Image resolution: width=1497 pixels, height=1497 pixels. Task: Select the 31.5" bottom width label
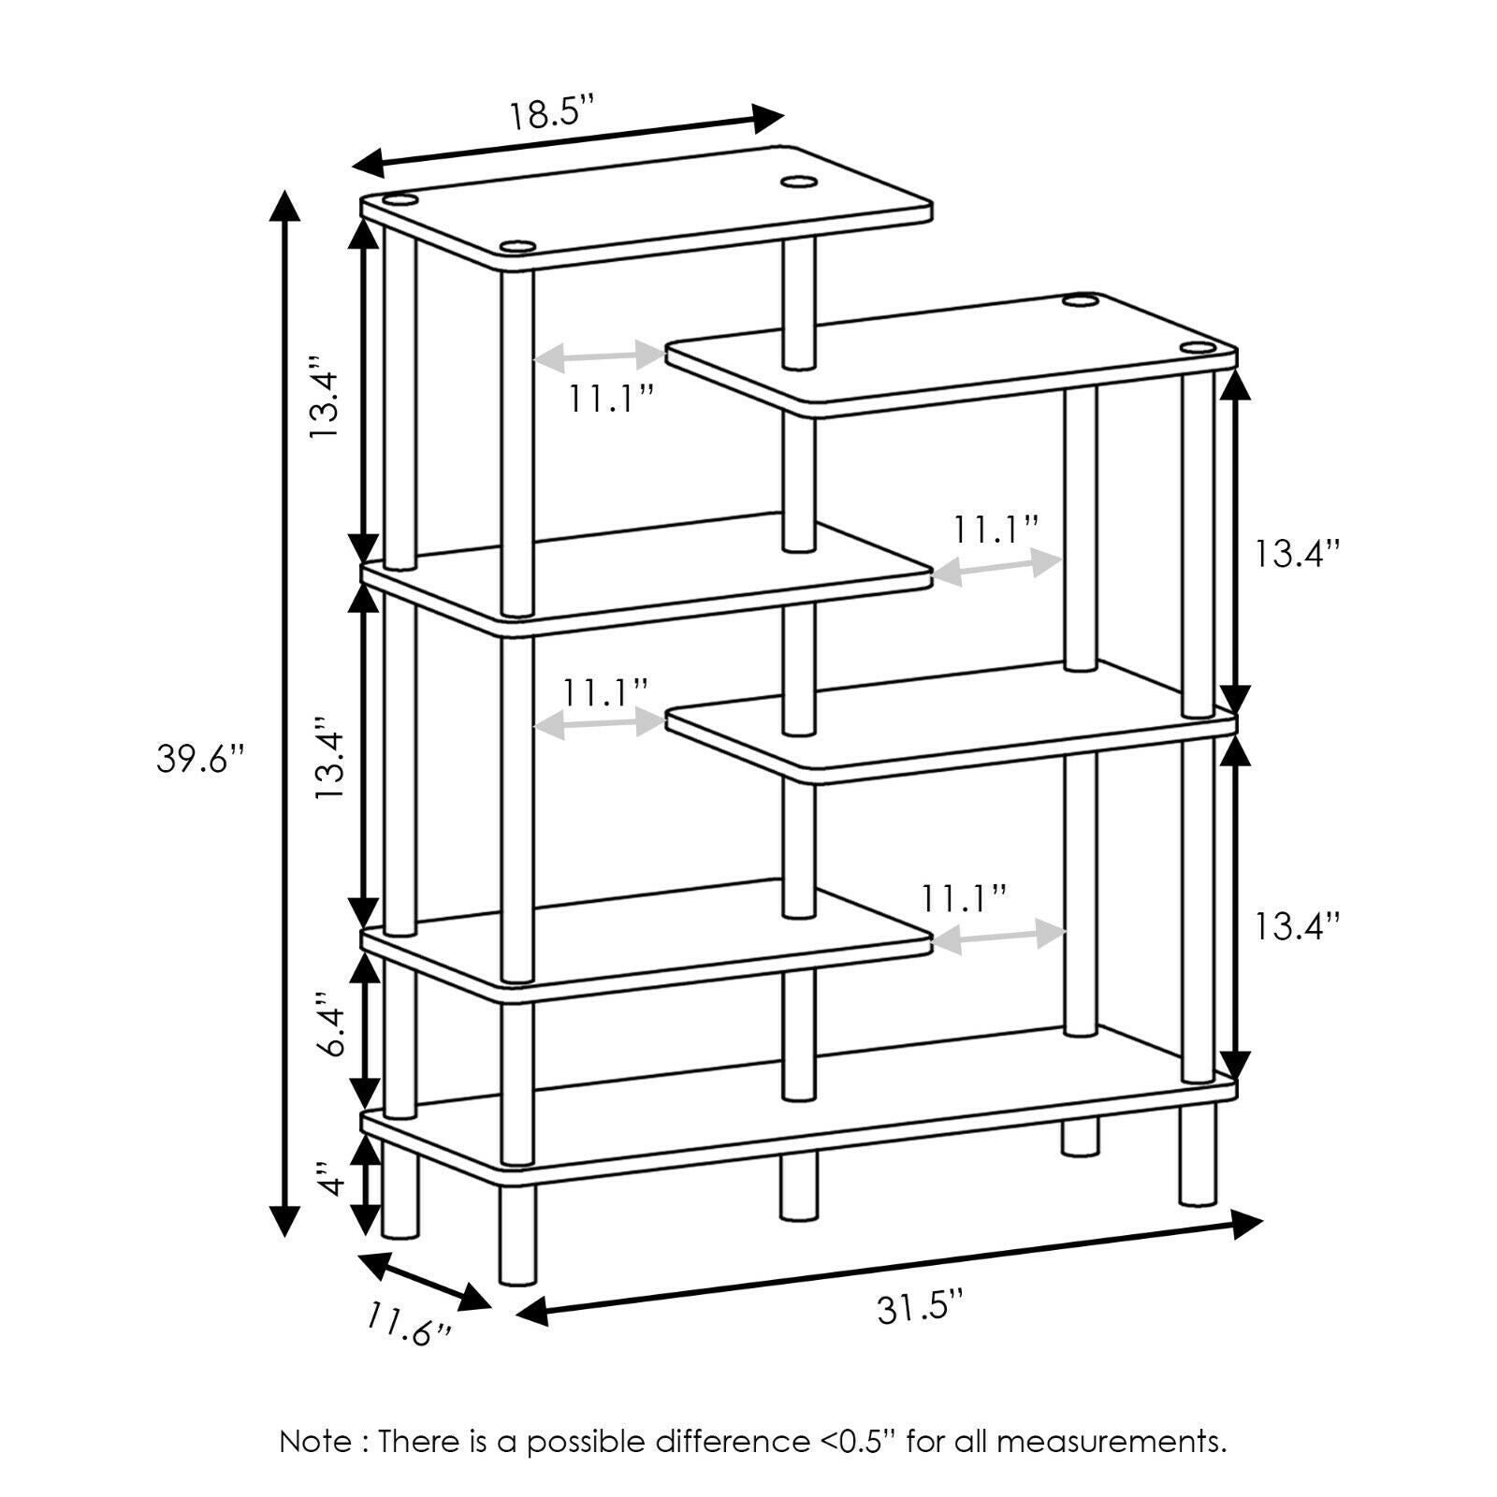coord(920,1307)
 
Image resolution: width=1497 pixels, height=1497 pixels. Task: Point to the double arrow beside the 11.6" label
coord(425,1281)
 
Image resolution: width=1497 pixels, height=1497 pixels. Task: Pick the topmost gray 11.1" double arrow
coord(599,356)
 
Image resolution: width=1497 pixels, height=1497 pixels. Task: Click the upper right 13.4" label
coord(1299,554)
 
